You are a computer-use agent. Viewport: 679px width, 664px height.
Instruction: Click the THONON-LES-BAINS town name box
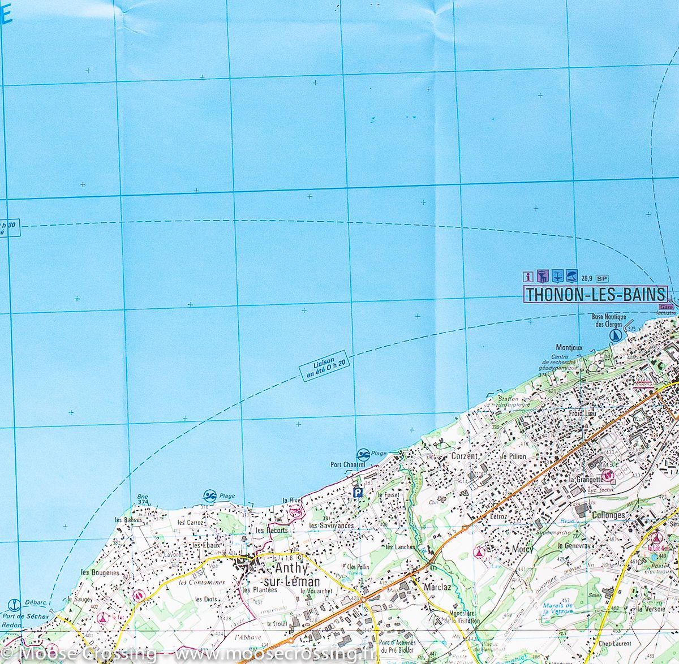[595, 295]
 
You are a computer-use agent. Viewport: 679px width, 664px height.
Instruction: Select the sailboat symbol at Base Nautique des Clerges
[614, 335]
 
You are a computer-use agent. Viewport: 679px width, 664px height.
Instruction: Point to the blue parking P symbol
[357, 493]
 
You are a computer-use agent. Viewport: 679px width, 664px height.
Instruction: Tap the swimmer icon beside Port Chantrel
[362, 455]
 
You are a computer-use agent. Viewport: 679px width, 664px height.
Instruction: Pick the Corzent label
[466, 456]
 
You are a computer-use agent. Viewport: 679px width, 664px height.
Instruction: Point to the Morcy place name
[508, 549]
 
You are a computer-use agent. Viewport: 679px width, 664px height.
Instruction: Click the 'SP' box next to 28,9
[601, 277]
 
